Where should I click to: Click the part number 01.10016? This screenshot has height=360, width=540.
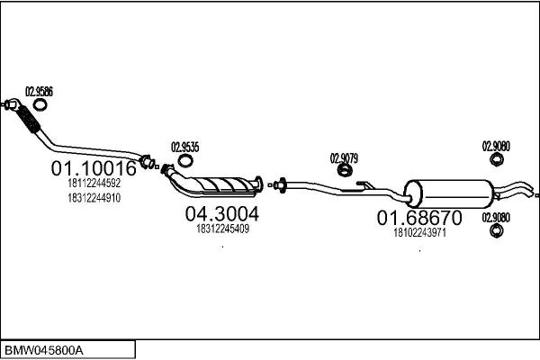(x=94, y=168)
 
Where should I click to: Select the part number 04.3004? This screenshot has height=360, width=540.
(x=222, y=213)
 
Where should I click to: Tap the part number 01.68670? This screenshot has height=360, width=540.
(x=419, y=218)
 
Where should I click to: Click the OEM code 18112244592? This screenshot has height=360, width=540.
(x=94, y=183)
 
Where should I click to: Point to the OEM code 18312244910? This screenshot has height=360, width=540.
(x=94, y=198)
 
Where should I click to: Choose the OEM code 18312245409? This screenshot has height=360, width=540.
(x=223, y=229)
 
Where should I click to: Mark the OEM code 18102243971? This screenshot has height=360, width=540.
(x=419, y=233)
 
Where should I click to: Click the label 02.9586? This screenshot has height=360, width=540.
(x=39, y=92)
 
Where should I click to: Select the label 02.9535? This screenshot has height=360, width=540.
(x=184, y=147)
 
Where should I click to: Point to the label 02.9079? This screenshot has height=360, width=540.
(x=344, y=158)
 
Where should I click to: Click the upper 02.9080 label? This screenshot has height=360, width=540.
(x=496, y=147)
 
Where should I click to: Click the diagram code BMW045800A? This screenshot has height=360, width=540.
(x=44, y=351)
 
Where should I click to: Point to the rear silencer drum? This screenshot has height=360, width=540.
(x=448, y=194)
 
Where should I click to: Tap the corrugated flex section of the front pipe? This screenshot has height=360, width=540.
(x=29, y=119)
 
